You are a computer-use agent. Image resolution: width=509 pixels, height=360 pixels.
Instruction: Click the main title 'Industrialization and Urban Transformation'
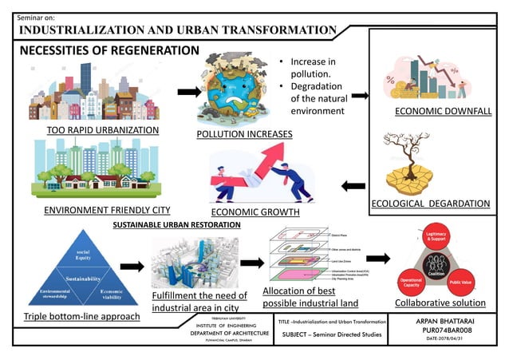click(x=177, y=30)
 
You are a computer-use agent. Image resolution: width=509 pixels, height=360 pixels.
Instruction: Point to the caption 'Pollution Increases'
click(x=244, y=133)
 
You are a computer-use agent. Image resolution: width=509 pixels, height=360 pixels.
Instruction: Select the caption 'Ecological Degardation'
click(x=431, y=204)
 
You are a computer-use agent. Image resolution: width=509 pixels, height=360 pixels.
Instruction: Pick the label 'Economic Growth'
click(x=255, y=212)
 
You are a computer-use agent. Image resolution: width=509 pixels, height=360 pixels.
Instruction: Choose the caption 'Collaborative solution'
click(x=440, y=303)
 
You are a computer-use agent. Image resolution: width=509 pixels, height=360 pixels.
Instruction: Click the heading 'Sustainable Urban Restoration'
click(x=176, y=225)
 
